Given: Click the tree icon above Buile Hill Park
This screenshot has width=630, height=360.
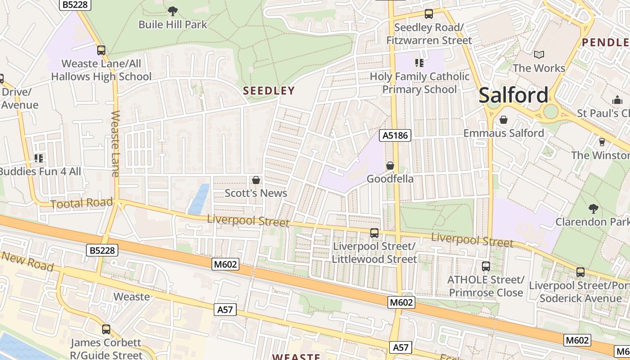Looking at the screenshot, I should (172, 11).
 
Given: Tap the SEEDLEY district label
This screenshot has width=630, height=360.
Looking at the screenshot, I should (269, 90).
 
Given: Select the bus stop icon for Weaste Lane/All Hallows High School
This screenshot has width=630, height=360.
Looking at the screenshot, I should (101, 50).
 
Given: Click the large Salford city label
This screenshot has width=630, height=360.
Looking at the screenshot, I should (513, 95).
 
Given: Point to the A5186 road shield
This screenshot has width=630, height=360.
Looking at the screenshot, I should (396, 135).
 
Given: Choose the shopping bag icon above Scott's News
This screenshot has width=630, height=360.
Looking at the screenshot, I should (256, 180).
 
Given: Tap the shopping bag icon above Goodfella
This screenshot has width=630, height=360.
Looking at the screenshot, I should (390, 166).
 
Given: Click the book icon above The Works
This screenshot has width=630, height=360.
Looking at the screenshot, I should (539, 55).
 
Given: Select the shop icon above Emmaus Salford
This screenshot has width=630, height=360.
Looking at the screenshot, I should (504, 120).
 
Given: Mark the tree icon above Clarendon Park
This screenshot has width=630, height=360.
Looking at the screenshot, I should (593, 208).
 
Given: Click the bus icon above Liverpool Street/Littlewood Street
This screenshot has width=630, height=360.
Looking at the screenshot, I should (374, 233).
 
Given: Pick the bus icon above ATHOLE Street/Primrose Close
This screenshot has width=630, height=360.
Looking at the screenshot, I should (486, 266).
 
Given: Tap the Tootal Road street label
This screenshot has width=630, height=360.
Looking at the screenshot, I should (81, 203).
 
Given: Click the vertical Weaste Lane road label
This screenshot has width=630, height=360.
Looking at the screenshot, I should (115, 144).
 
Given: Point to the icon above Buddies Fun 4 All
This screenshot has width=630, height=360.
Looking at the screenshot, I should (39, 158).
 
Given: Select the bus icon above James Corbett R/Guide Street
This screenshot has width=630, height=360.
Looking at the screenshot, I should (106, 329).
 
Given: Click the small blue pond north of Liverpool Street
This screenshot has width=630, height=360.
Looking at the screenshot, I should (199, 198).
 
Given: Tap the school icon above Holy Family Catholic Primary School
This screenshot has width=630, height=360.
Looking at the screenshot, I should (419, 63).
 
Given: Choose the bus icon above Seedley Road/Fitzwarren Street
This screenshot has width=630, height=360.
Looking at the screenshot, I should (429, 14).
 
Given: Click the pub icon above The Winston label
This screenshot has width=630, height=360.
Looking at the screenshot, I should (602, 142).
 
